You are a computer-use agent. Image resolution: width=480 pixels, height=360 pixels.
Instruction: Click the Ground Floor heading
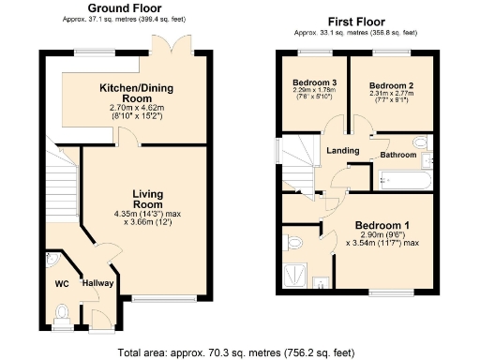122,7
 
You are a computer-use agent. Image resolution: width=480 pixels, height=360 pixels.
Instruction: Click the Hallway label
97,283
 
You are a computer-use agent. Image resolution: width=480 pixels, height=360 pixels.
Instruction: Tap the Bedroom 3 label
308,82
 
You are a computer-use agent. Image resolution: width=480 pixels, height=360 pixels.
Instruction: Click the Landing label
342,150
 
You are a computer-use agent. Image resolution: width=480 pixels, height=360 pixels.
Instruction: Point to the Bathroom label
397,156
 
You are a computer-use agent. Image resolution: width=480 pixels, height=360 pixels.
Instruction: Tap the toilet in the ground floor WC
64,312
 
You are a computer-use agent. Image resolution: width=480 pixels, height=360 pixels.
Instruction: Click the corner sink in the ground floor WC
52,258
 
